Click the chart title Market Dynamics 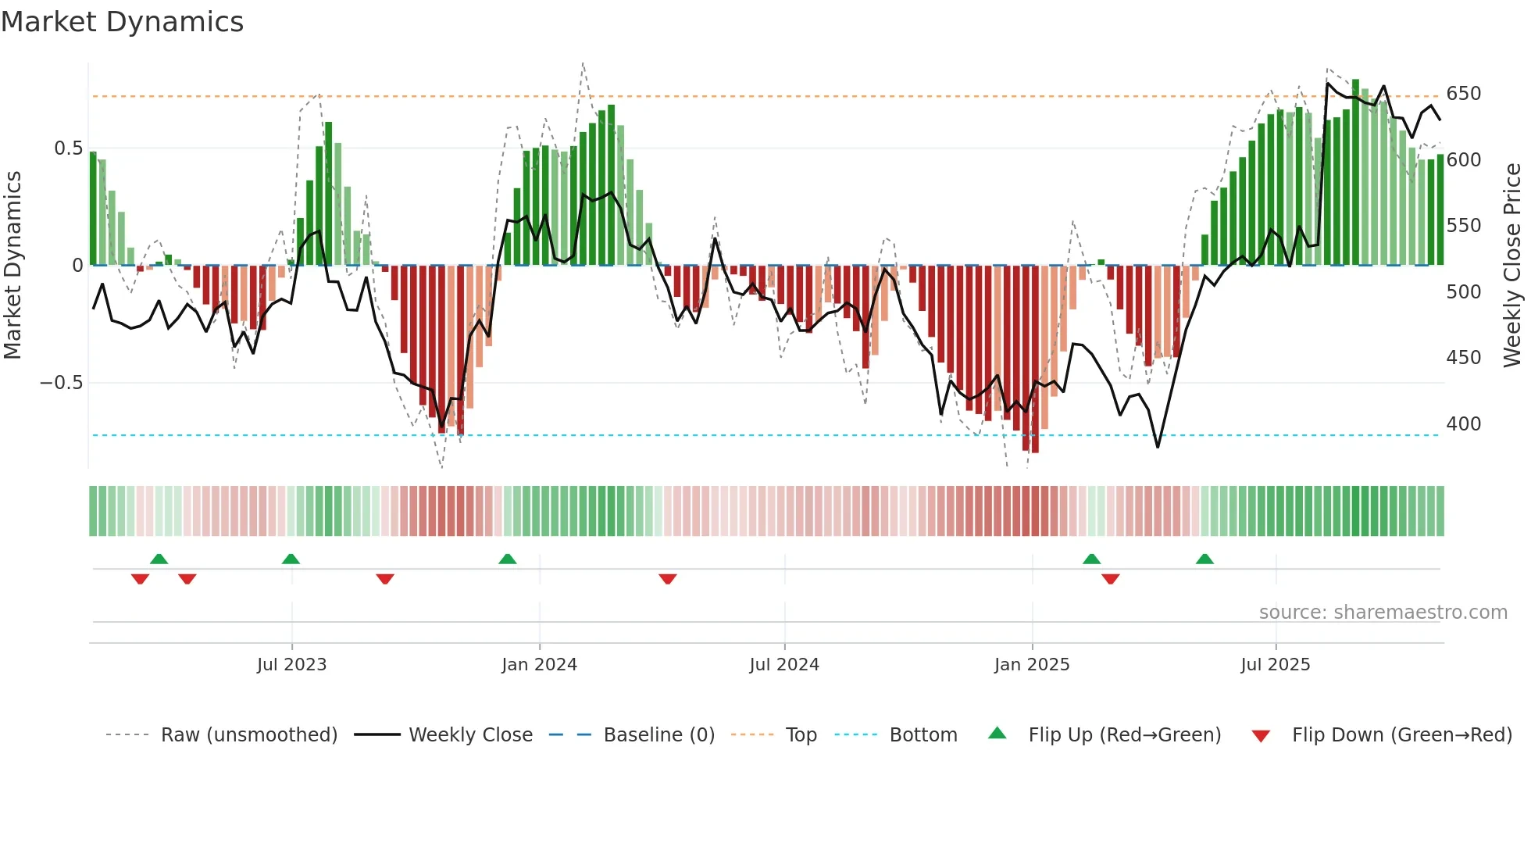pyautogui.click(x=122, y=22)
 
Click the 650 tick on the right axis pyautogui.click(x=1463, y=94)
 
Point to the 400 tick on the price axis pyautogui.click(x=1463, y=424)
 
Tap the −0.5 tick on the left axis pyautogui.click(x=61, y=383)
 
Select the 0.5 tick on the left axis pyautogui.click(x=68, y=148)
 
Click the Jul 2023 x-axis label pyautogui.click(x=291, y=665)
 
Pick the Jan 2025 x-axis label pyautogui.click(x=1031, y=665)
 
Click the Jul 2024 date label pyautogui.click(x=783, y=665)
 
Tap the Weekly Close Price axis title pyautogui.click(x=1512, y=266)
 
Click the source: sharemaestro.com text pyautogui.click(x=1383, y=613)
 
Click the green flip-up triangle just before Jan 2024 pyautogui.click(x=508, y=559)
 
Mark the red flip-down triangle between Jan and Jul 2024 pyautogui.click(x=667, y=579)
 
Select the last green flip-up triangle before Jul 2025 pyautogui.click(x=1204, y=559)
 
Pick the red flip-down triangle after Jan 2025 pyautogui.click(x=1111, y=579)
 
